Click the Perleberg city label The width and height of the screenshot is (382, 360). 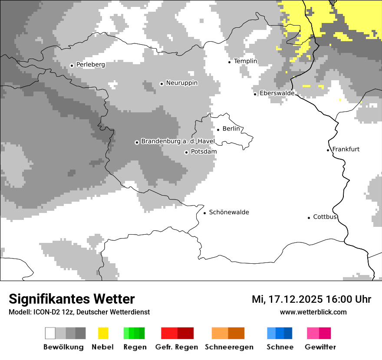tap(90, 65)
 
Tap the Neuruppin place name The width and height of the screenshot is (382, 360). tap(181, 83)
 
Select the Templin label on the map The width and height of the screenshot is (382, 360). tap(245, 61)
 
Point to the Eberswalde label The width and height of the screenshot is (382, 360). tap(277, 93)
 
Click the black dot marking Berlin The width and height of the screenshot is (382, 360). tap(218, 129)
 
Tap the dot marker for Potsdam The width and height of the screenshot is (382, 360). tap(186, 152)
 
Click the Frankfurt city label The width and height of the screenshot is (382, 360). tap(346, 149)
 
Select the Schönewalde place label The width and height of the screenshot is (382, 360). tap(229, 212)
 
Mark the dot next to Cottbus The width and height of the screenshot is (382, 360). tap(309, 218)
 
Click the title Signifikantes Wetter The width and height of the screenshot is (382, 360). tap(72, 299)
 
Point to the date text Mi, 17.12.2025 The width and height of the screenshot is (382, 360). tap(287, 299)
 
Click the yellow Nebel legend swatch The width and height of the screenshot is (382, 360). tap(103, 333)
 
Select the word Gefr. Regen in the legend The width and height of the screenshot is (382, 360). tap(177, 347)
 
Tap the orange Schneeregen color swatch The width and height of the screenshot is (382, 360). tap(228, 333)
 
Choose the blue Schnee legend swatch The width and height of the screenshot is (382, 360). tap(280, 333)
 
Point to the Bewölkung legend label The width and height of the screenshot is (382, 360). tap(63, 347)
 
